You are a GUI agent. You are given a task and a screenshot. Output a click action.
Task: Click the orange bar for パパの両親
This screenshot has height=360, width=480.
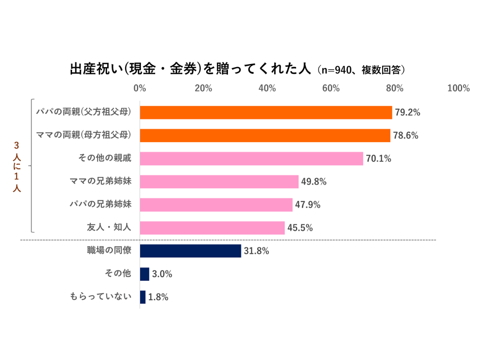[x=266, y=112]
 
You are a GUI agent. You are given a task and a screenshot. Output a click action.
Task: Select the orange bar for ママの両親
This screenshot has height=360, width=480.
[x=265, y=136]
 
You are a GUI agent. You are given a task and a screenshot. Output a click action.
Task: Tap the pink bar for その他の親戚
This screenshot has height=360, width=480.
[x=251, y=159]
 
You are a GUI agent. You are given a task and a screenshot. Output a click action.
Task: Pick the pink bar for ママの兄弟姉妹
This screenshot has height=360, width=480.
[x=219, y=182]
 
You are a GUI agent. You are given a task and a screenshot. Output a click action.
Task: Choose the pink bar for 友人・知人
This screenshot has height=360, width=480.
[x=212, y=228]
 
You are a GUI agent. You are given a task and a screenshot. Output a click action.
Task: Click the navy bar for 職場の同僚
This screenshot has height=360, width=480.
[x=190, y=251]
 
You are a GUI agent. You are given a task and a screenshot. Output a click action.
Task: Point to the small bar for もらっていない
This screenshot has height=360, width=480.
[x=143, y=297]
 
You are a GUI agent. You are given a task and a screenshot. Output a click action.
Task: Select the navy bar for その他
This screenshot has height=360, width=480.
[x=144, y=274]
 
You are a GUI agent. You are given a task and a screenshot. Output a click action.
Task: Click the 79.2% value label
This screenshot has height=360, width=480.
[x=408, y=113]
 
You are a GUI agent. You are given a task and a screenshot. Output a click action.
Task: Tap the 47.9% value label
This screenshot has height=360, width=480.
[x=308, y=205]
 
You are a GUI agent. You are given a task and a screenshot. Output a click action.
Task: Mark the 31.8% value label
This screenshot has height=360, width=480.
[x=256, y=251]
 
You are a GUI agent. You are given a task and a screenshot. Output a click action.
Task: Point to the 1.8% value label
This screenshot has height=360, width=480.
[x=158, y=297]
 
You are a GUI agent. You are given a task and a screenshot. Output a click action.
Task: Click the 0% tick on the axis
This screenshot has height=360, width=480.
[x=140, y=88]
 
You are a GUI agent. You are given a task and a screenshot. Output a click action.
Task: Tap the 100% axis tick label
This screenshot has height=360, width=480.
[x=458, y=88]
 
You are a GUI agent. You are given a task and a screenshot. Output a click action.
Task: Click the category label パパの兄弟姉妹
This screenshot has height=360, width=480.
[x=100, y=204]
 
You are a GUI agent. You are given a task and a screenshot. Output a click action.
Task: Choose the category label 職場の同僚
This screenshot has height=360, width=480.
[x=109, y=251]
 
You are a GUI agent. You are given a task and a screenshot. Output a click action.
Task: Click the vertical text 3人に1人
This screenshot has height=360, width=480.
[x=16, y=167]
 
